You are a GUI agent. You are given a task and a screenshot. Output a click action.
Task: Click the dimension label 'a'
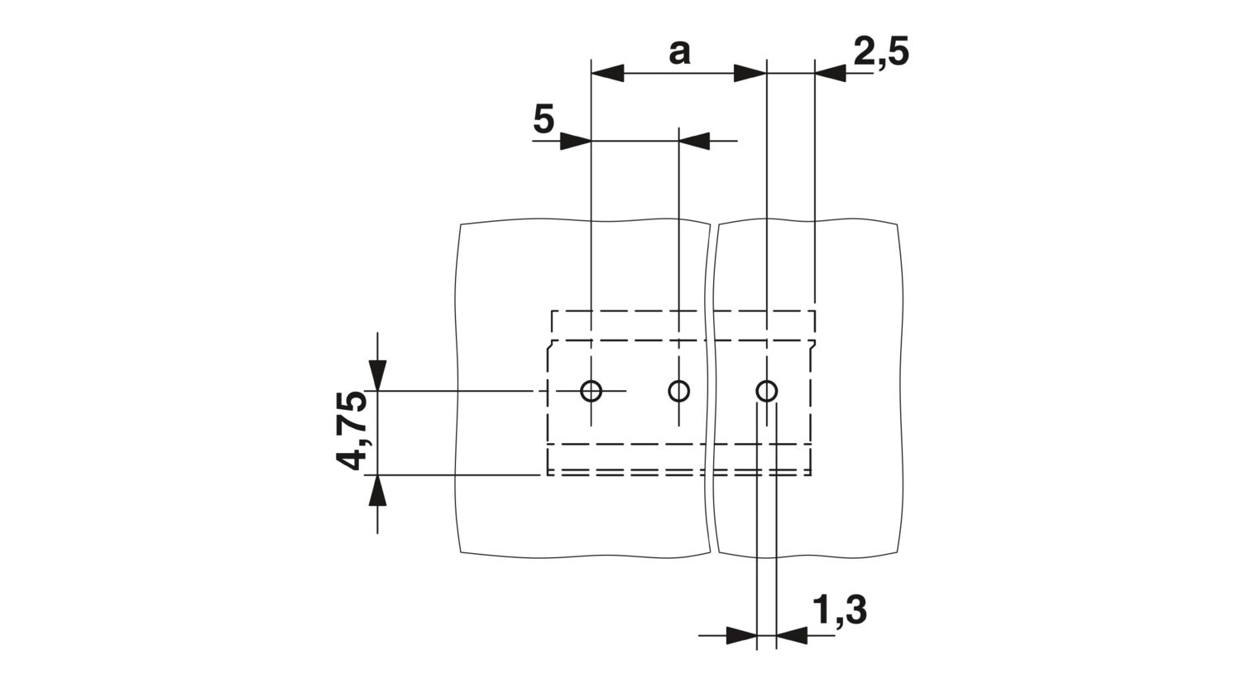coord(680,53)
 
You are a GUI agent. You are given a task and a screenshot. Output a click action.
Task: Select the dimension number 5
coord(544,119)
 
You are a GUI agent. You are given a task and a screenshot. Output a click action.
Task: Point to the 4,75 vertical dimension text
coord(352,431)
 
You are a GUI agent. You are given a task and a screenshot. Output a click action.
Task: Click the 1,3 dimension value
coord(840,611)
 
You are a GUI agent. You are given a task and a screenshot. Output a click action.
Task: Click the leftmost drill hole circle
coord(592,391)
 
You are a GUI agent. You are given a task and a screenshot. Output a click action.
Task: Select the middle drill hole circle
coord(679,391)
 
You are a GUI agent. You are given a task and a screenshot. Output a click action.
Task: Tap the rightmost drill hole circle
coord(767,391)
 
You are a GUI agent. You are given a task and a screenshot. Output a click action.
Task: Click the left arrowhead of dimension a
coord(608,73)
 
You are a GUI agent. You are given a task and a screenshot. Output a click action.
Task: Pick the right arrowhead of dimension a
coord(750,73)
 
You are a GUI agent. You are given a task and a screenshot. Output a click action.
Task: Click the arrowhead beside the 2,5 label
coord(831,73)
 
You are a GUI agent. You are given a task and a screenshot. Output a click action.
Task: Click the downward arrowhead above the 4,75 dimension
coord(378,375)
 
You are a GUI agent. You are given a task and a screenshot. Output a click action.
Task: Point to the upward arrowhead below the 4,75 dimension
coord(378,490)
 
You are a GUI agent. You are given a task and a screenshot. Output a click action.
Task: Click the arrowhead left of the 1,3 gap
coord(741,635)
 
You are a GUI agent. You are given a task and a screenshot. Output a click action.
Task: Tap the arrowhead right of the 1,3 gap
coord(793,635)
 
